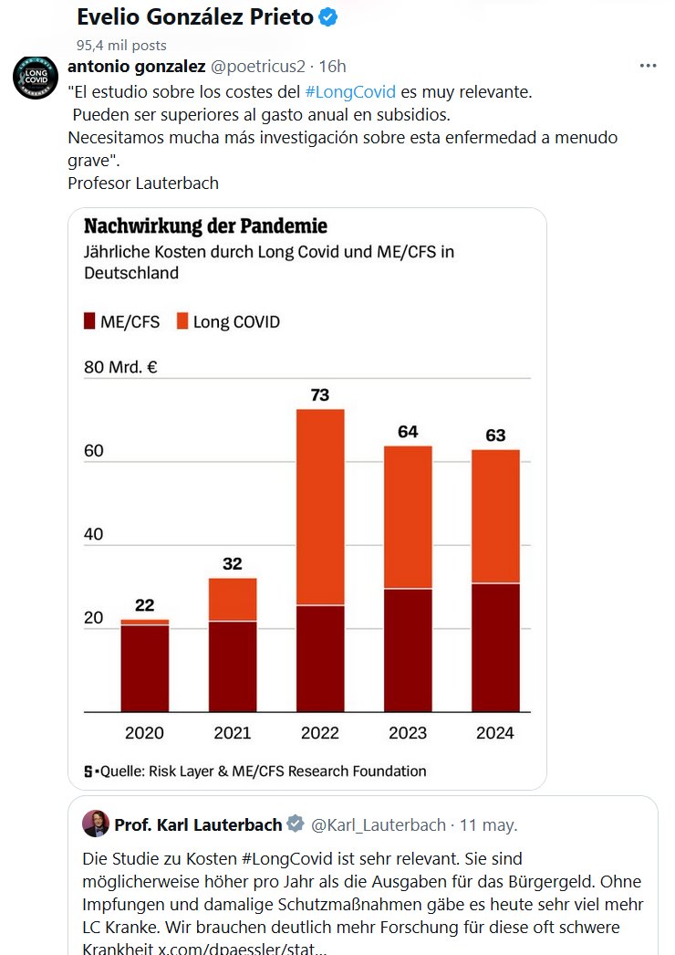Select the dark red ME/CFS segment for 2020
click(x=145, y=668)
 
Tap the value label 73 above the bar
click(x=319, y=395)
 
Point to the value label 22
click(x=145, y=605)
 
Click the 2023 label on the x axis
click(x=408, y=733)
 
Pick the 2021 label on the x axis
click(x=233, y=733)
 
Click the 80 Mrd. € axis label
click(x=120, y=368)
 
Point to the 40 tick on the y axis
click(x=94, y=535)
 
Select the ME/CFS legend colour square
click(x=89, y=321)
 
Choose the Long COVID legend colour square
click(x=182, y=321)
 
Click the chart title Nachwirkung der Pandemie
click(x=205, y=226)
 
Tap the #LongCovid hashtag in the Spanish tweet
click(x=350, y=92)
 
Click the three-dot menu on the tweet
click(x=648, y=67)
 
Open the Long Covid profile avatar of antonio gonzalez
click(x=34, y=79)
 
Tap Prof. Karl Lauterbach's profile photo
click(x=96, y=824)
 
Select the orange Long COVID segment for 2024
click(x=495, y=516)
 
